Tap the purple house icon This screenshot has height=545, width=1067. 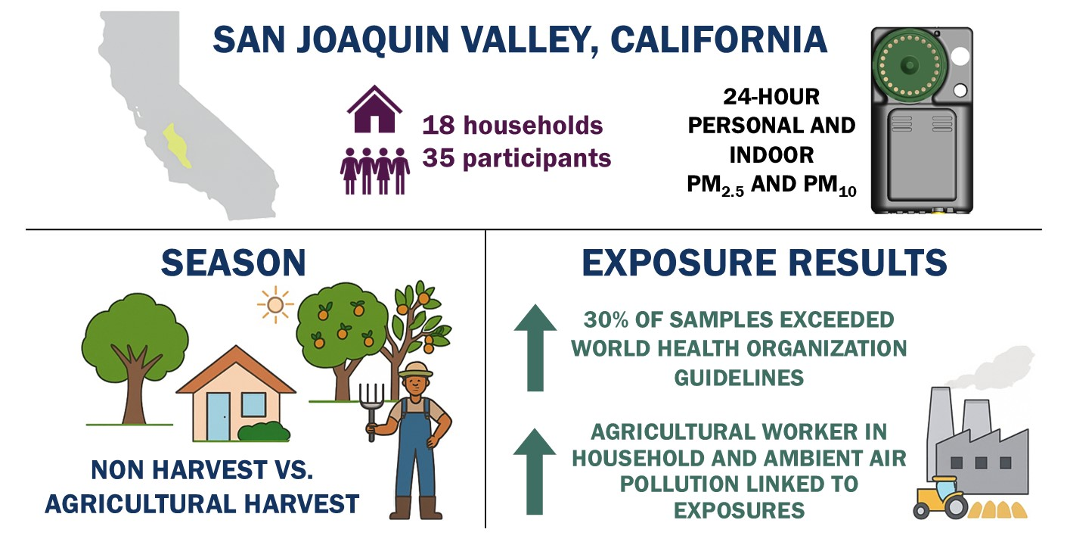click(x=375, y=109)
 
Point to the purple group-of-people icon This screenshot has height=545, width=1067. click(x=375, y=171)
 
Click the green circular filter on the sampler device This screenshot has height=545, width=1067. click(x=909, y=64)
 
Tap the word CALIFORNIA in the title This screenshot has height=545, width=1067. click(x=718, y=39)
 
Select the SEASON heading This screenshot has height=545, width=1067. click(x=234, y=263)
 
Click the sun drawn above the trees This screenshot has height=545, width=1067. click(x=275, y=304)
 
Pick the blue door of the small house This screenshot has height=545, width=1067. click(x=218, y=417)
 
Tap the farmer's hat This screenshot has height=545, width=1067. click(x=416, y=369)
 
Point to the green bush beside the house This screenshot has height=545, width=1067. click(x=264, y=431)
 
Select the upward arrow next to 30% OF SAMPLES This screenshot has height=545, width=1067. click(x=535, y=347)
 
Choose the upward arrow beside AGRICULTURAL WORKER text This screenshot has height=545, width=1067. click(x=535, y=472)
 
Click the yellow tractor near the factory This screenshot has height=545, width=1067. click(x=940, y=497)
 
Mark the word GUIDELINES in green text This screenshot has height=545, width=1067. click(x=739, y=378)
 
